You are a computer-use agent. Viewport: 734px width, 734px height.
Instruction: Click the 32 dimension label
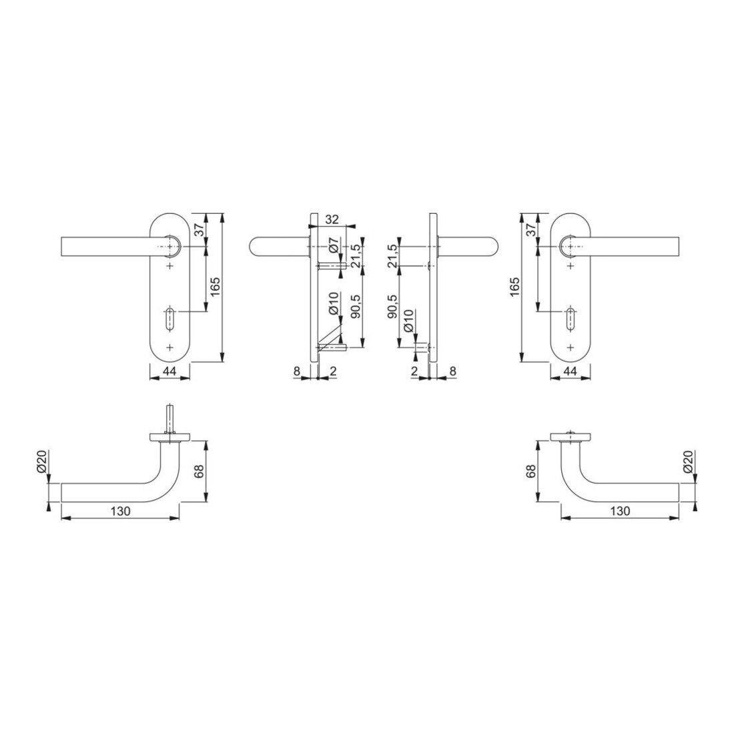coord(332,219)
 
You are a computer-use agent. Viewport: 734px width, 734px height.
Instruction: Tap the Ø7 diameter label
coord(334,246)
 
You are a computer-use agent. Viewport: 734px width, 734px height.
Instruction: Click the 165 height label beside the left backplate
coord(215,287)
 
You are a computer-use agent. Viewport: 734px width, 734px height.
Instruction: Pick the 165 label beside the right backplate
coord(514,287)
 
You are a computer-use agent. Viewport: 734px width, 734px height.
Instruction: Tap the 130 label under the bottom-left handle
coord(120,511)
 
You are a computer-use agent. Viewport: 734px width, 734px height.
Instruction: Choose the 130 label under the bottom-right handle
coord(621,511)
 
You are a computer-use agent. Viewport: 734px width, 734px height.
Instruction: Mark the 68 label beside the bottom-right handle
coord(530,471)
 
